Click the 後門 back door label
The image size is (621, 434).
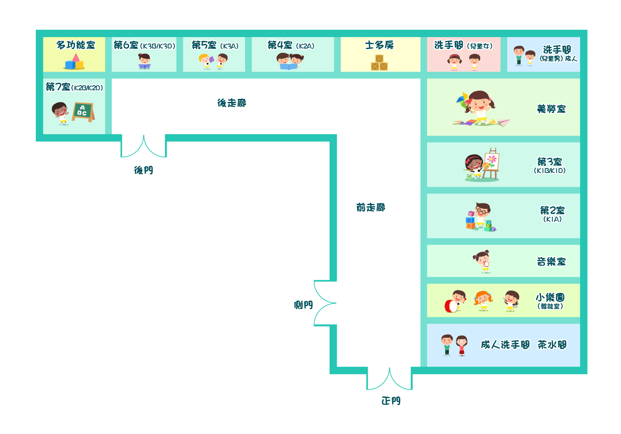pos(143,170)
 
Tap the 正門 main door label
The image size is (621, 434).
pos(391,401)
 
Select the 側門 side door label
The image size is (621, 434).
pos(303,305)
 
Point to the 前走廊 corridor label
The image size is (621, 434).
pos(371,207)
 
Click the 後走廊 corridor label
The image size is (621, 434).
pos(231,103)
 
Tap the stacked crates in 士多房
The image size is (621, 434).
pos(379,62)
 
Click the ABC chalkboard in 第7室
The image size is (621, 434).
pos(83,112)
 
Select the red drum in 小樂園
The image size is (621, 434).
pos(451,306)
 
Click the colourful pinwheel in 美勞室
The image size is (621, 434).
pos(463,101)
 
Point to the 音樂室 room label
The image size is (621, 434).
pos(551,261)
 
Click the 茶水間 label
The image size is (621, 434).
pos(552,345)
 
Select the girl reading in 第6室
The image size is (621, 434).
pos(144,61)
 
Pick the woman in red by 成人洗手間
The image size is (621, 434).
pos(462,345)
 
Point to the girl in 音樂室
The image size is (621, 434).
pos(482,261)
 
